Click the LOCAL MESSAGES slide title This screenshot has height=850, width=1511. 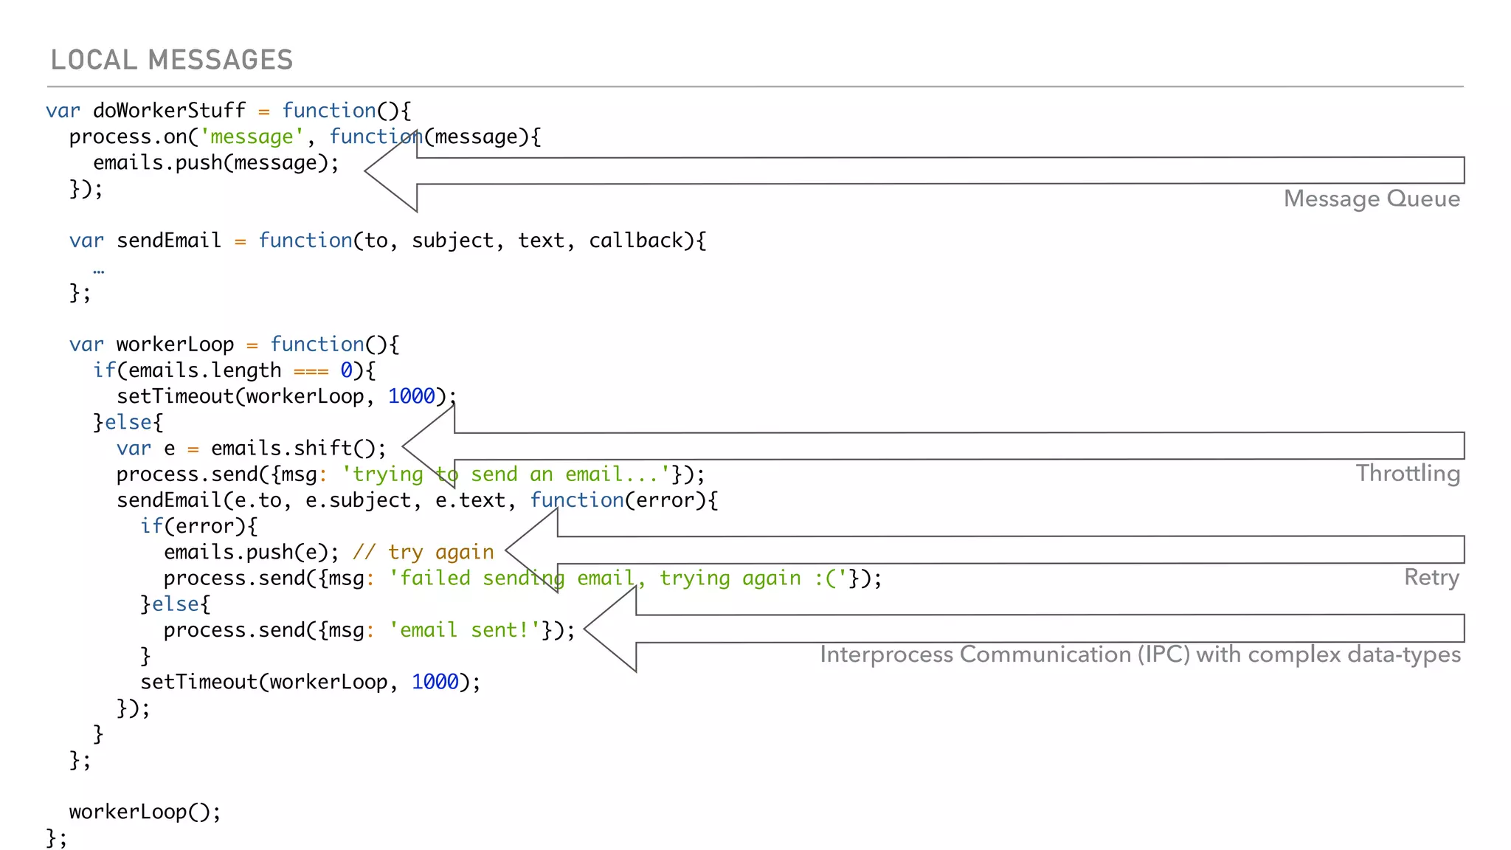click(x=171, y=60)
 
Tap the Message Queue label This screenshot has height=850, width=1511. click(x=1371, y=198)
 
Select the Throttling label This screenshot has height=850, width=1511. click(x=1407, y=473)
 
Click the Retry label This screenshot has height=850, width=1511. click(x=1431, y=577)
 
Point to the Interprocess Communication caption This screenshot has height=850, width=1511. click(x=1139, y=654)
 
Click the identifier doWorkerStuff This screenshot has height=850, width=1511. click(x=169, y=111)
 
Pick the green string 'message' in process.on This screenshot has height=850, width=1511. click(x=252, y=137)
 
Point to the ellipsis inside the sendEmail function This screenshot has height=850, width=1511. click(x=99, y=271)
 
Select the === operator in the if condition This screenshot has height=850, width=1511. click(x=311, y=370)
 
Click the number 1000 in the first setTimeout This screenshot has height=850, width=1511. click(x=411, y=396)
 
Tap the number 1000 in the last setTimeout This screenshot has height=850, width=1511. click(x=435, y=682)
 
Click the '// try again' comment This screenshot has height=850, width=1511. click(x=423, y=552)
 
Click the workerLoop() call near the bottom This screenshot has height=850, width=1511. click(x=144, y=812)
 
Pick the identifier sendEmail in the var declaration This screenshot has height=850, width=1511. click(x=168, y=241)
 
